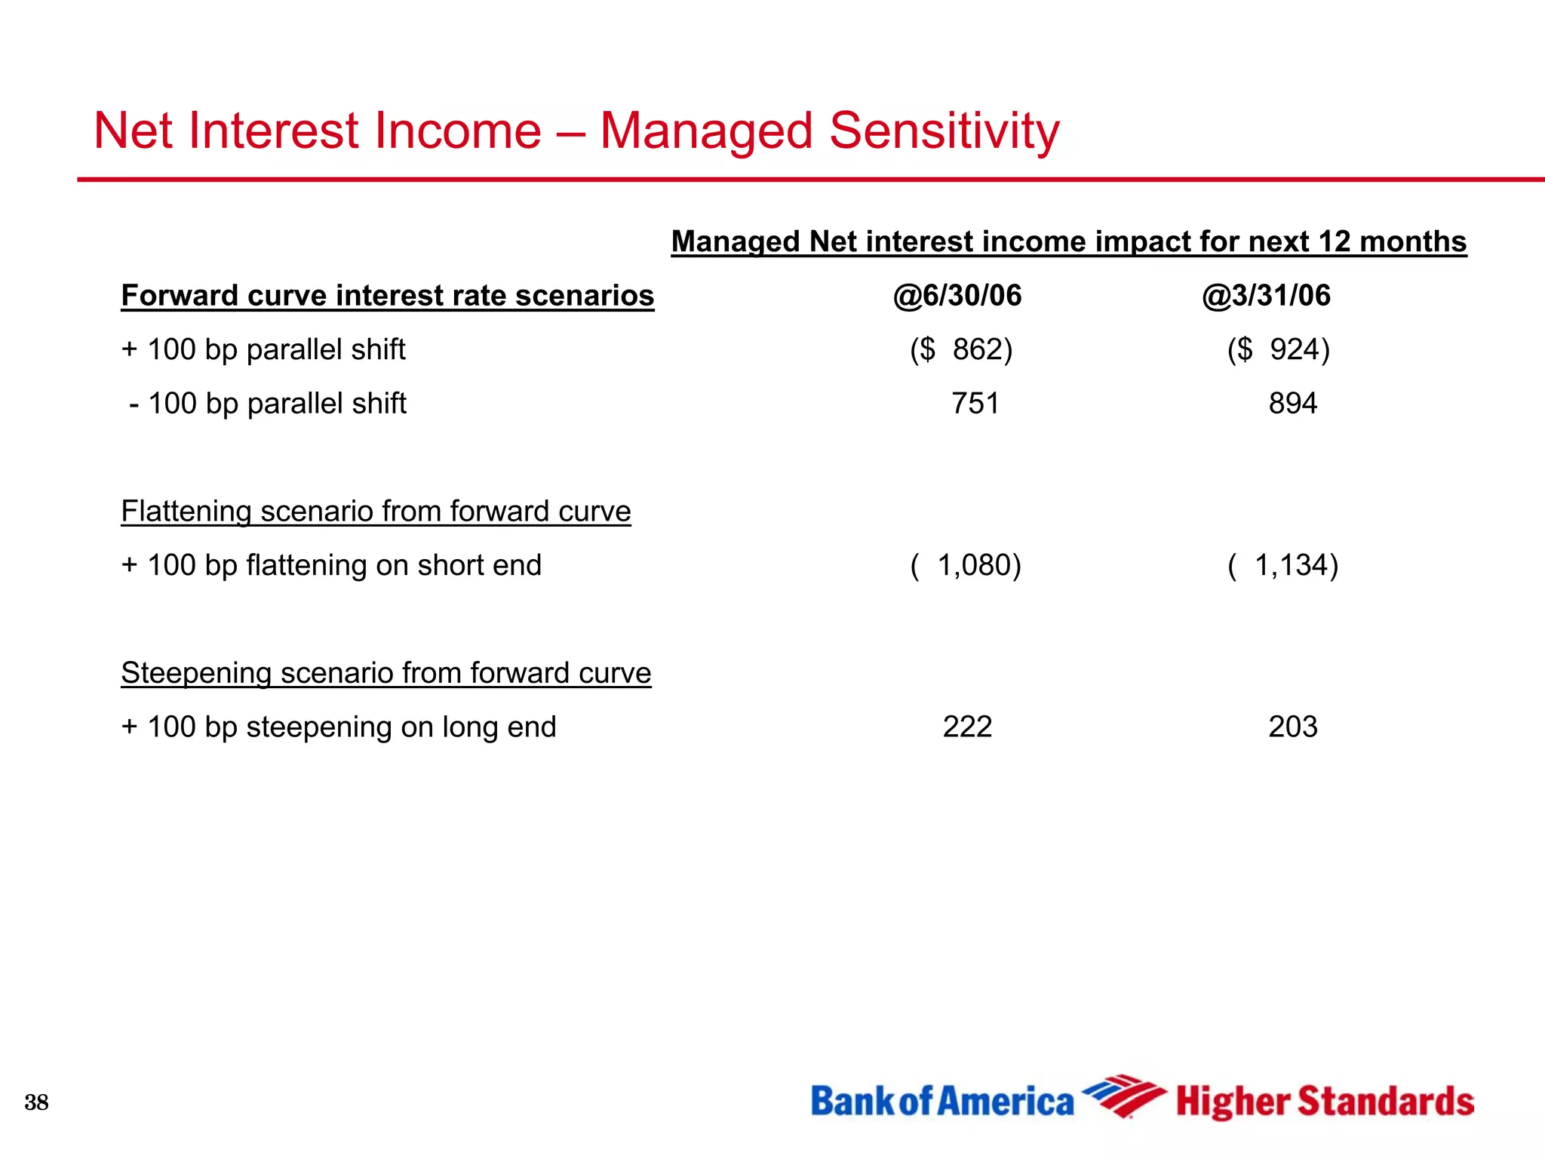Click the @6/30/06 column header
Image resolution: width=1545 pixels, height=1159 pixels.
click(x=957, y=296)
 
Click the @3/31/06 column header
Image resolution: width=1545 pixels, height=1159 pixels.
click(x=1266, y=296)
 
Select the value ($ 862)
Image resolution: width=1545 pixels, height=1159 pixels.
click(x=961, y=349)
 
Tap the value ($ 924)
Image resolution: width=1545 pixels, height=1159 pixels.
click(x=1278, y=349)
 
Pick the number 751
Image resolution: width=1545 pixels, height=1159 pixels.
click(x=975, y=404)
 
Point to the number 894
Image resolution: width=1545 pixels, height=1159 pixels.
click(x=1292, y=404)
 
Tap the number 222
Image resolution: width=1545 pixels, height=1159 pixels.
click(x=967, y=727)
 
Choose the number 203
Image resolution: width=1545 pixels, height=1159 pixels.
click(x=1292, y=727)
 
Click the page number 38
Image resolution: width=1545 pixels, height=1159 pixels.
click(x=36, y=1102)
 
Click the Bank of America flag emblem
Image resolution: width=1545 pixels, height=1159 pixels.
click(x=1124, y=1096)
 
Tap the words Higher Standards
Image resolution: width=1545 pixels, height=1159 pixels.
click(x=1325, y=1102)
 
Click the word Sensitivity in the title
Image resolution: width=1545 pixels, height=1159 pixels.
click(x=944, y=131)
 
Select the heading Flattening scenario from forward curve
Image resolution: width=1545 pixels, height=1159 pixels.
click(x=376, y=512)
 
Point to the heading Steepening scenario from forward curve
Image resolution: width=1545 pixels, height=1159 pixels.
click(x=385, y=673)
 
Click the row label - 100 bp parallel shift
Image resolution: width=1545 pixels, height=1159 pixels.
click(x=268, y=404)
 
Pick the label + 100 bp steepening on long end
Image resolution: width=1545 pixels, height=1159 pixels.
click(x=338, y=727)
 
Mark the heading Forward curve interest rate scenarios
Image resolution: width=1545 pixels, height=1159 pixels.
click(x=387, y=296)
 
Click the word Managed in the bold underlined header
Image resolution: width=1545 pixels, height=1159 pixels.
click(x=735, y=242)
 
